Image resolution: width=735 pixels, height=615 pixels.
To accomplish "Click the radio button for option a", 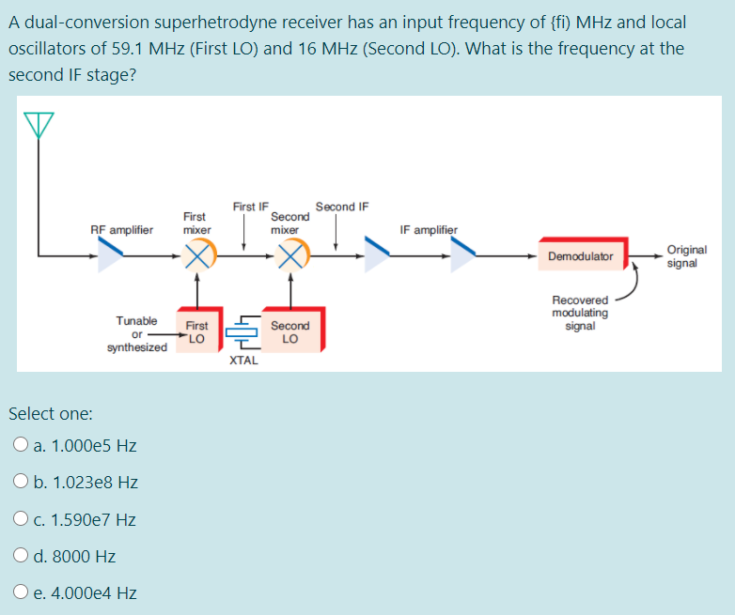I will point(21,446).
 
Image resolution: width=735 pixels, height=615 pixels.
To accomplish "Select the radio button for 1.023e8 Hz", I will point(21,483).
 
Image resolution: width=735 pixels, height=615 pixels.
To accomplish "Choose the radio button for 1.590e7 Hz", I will point(21,519).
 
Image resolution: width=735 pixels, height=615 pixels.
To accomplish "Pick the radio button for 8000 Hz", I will point(21,556).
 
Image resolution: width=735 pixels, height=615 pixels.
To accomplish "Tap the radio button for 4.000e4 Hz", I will point(21,592).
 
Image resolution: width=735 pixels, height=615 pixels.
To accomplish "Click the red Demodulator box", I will point(581,255).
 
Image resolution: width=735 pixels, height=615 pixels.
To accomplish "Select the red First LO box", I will point(196,331).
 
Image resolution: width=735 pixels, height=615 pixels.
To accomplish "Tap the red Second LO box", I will point(290,331).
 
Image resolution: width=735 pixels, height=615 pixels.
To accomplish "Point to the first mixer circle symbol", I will point(197,254).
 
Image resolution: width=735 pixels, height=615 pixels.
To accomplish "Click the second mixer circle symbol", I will point(290,254).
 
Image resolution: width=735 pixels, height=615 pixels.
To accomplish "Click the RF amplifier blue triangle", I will point(112,254).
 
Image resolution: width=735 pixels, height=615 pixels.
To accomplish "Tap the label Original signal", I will point(686,256).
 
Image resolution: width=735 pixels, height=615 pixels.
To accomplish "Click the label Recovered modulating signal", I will point(580,313).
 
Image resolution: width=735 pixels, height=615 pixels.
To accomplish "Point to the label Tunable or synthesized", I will point(137,333).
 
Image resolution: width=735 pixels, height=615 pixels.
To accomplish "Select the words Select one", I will point(50,413).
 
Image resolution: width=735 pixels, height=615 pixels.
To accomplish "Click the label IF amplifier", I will point(429,229).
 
